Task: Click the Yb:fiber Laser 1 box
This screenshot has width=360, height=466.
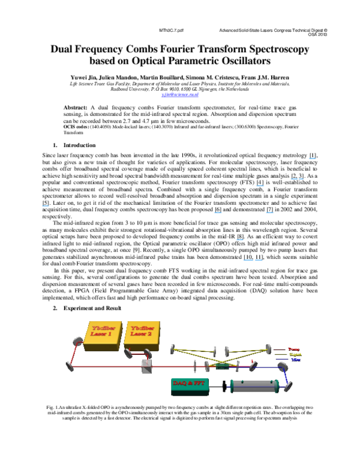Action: (x=102, y=334)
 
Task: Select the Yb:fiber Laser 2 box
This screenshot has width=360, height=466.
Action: (x=142, y=334)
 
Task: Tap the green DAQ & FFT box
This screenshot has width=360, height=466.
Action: (x=190, y=384)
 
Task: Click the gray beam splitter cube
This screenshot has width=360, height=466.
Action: (x=146, y=366)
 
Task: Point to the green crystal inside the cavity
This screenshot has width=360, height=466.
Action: (x=222, y=366)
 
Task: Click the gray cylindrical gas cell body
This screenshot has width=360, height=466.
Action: (x=254, y=386)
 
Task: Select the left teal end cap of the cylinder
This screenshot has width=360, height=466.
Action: (x=232, y=386)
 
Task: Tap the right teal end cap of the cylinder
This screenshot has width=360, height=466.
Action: (x=277, y=386)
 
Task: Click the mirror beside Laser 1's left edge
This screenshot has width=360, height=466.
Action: (x=77, y=341)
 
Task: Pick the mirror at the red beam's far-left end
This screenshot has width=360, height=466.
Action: (x=70, y=366)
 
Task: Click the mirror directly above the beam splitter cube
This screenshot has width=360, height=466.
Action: (x=148, y=353)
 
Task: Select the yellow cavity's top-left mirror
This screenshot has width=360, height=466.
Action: (x=173, y=348)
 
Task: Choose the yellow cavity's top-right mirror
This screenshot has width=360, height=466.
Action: (x=268, y=348)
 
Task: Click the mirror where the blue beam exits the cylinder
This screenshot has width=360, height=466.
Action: (x=288, y=386)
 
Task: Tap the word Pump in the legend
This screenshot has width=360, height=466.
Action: (x=293, y=348)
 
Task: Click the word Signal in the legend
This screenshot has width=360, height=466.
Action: (x=295, y=354)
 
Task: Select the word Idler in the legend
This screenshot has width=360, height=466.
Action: (x=296, y=360)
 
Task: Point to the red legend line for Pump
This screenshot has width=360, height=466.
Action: (x=280, y=349)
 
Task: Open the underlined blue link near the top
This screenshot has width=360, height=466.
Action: (x=179, y=94)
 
